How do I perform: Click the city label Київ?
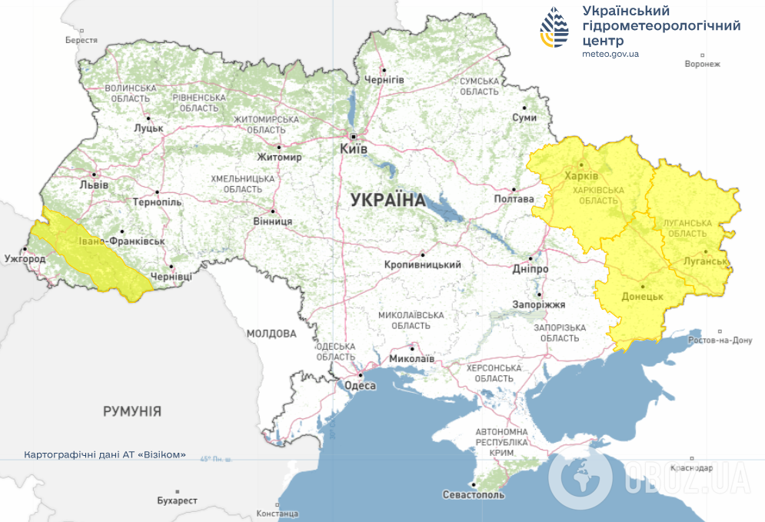click(x=354, y=148)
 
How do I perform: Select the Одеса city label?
click(x=360, y=386)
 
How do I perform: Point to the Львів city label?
click(x=95, y=185)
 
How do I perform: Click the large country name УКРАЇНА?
click(x=387, y=201)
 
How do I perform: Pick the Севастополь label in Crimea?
click(x=474, y=494)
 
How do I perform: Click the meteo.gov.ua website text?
click(x=610, y=54)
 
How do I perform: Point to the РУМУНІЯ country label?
click(x=132, y=411)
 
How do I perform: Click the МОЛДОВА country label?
click(x=271, y=334)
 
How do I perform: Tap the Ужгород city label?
click(x=25, y=258)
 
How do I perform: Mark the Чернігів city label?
click(x=384, y=80)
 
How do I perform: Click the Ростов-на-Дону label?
click(x=719, y=340)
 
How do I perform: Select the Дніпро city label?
click(x=531, y=269)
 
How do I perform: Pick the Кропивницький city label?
click(x=422, y=264)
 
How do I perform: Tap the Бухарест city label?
click(x=177, y=500)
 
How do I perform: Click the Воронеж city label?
click(x=702, y=64)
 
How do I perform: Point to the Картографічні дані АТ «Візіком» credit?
click(x=105, y=454)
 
